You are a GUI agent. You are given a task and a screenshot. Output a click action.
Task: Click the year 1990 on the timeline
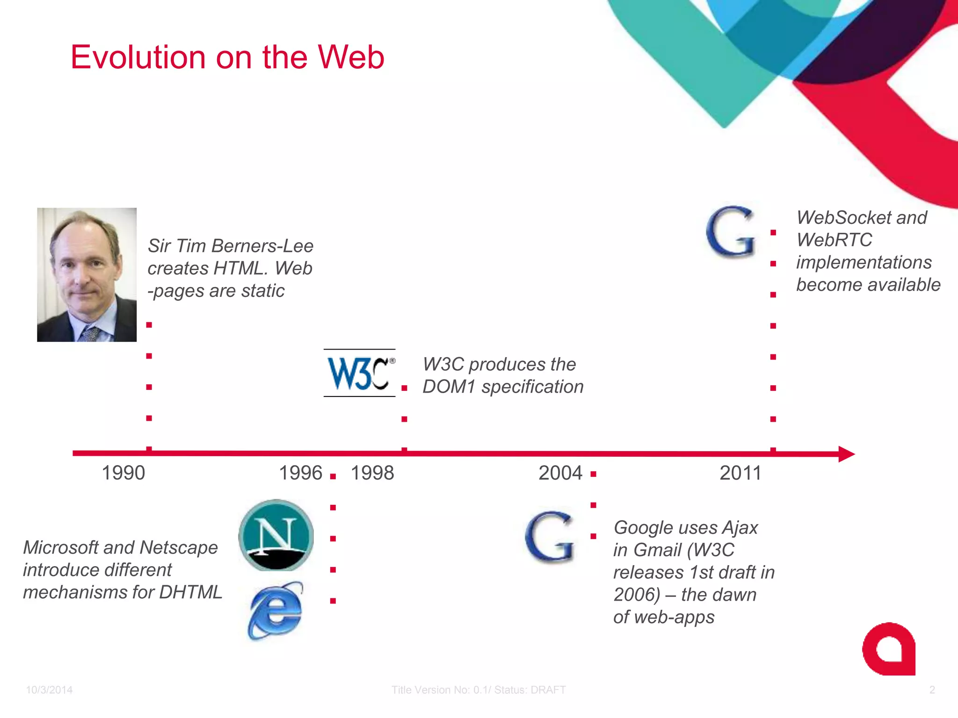[123, 473]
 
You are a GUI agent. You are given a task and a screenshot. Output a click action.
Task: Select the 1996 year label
[300, 473]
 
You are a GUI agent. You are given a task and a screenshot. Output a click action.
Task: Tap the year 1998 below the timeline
[372, 473]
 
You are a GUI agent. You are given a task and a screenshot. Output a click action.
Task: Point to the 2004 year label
[560, 473]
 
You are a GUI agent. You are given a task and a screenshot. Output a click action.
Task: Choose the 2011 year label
[740, 473]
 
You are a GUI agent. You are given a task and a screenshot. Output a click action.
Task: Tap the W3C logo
[359, 373]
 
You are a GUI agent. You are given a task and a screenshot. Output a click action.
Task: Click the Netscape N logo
[276, 535]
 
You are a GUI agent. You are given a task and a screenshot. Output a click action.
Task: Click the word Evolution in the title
[138, 57]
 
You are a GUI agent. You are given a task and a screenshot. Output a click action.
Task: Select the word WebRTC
[834, 240]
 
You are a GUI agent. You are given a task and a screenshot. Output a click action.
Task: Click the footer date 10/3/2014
[49, 690]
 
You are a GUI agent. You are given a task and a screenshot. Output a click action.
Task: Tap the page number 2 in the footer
[931, 690]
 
